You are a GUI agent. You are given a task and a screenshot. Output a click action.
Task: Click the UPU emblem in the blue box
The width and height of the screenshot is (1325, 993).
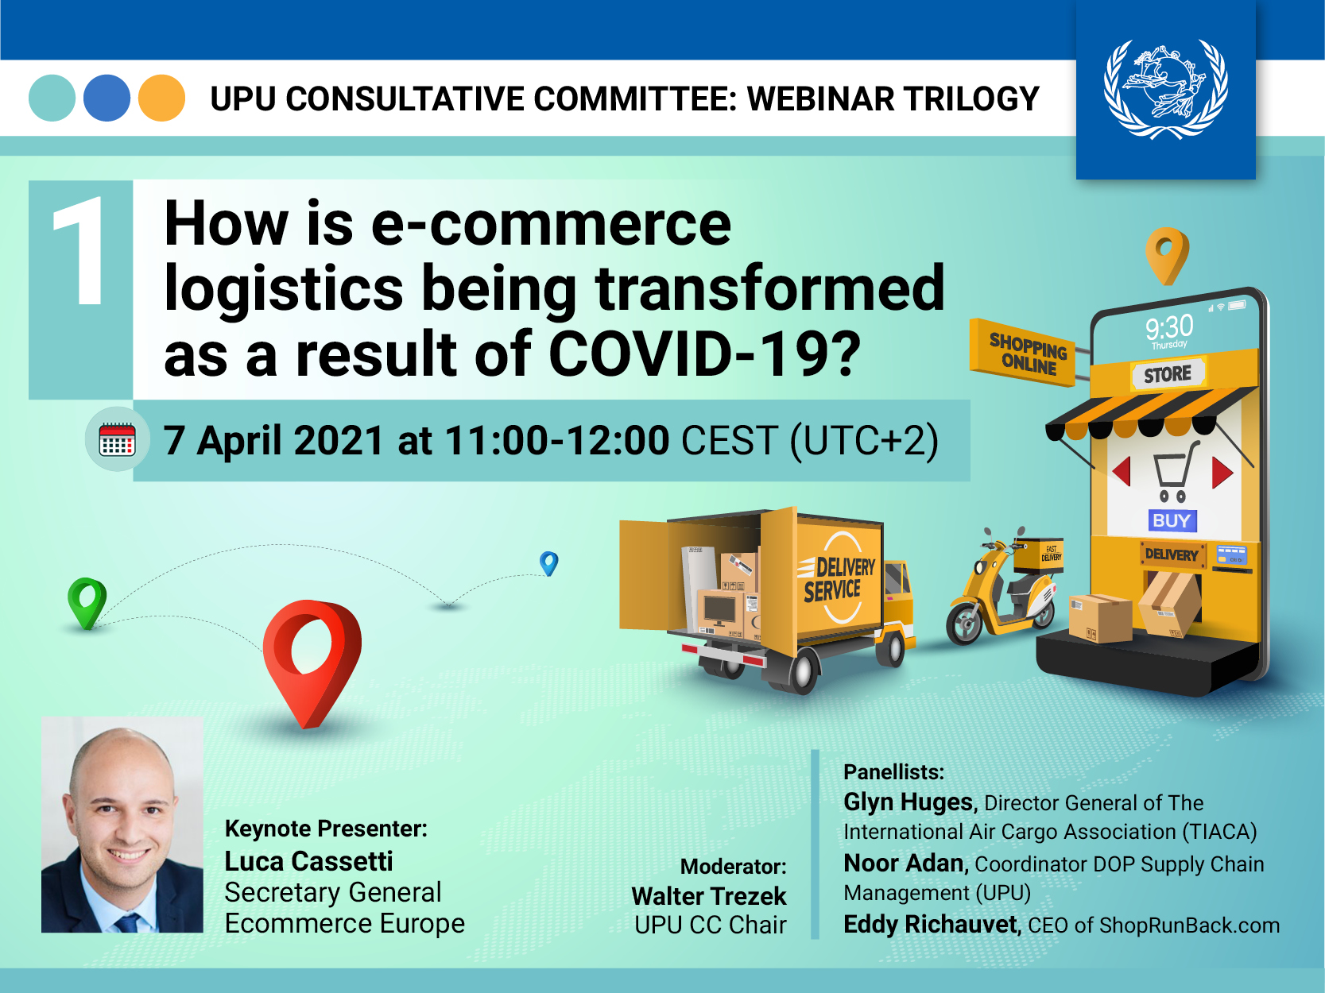[x=1166, y=89]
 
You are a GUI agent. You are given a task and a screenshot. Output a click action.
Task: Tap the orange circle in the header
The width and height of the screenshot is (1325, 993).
[x=162, y=99]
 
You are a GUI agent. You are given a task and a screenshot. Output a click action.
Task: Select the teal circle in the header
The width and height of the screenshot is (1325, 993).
[x=52, y=99]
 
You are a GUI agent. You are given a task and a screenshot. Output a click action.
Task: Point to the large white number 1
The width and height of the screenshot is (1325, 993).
[x=80, y=251]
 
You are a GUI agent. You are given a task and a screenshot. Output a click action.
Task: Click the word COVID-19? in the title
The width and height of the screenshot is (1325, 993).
[x=704, y=354]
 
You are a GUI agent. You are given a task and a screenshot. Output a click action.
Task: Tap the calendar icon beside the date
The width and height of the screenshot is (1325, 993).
[x=117, y=439]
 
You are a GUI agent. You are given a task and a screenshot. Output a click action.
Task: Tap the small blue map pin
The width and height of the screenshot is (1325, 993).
[x=548, y=563]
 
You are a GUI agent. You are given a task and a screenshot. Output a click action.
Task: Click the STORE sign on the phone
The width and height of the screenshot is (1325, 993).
[x=1168, y=374]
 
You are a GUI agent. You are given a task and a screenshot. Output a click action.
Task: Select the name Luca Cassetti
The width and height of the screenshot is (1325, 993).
[x=308, y=861]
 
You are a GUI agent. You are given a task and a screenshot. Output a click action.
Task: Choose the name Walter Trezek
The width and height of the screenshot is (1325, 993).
[x=709, y=896]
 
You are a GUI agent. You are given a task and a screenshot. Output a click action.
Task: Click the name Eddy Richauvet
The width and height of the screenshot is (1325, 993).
[x=931, y=925]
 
